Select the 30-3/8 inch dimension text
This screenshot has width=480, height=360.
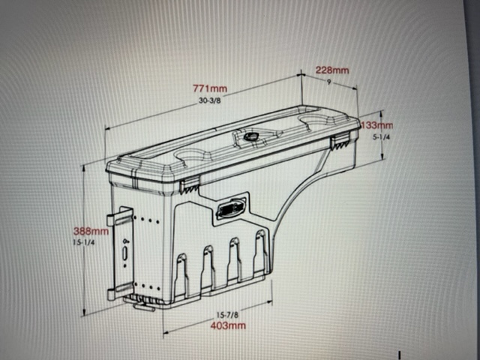[209, 100]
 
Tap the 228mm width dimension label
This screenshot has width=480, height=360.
[331, 70]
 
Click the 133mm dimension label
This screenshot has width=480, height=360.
[376, 125]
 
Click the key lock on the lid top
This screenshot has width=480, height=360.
[250, 138]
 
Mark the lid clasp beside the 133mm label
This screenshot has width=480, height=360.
[341, 140]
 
